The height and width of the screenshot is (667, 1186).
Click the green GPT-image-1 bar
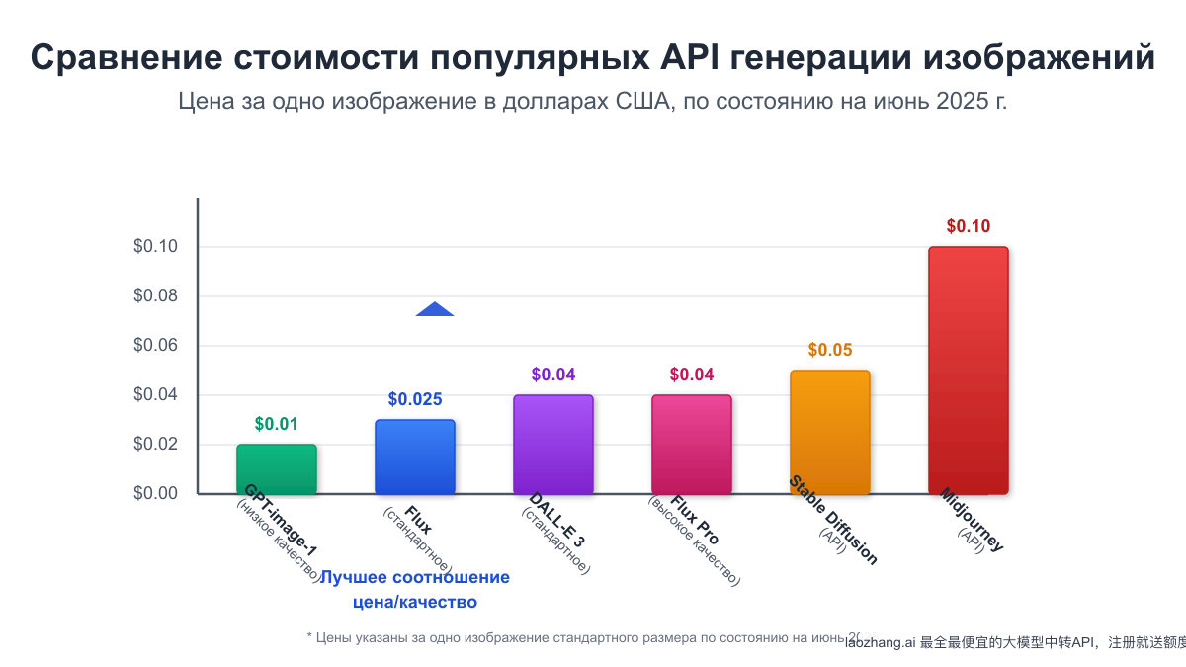point(277,469)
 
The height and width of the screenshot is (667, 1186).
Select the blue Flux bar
point(415,457)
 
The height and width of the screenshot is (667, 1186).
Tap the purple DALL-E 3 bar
point(553,445)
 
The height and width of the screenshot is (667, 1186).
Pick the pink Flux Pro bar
point(692,445)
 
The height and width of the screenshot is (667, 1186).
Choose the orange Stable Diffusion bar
point(830,432)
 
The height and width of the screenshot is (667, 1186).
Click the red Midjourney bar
point(969,371)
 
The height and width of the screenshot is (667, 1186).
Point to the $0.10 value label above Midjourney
point(969,226)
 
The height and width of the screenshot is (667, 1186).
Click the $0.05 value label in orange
point(830,350)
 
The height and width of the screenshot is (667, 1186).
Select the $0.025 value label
point(415,399)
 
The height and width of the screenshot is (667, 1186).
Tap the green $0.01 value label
point(277,424)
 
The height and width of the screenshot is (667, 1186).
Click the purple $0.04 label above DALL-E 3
point(553,375)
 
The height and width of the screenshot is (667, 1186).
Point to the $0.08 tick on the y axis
point(155,296)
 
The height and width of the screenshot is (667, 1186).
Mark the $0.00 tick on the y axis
point(155,493)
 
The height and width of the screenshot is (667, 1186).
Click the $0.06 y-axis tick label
point(155,346)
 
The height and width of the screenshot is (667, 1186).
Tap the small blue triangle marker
point(435,309)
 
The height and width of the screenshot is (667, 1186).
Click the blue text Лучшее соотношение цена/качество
point(414,589)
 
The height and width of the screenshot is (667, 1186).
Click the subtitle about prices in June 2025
point(593,101)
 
